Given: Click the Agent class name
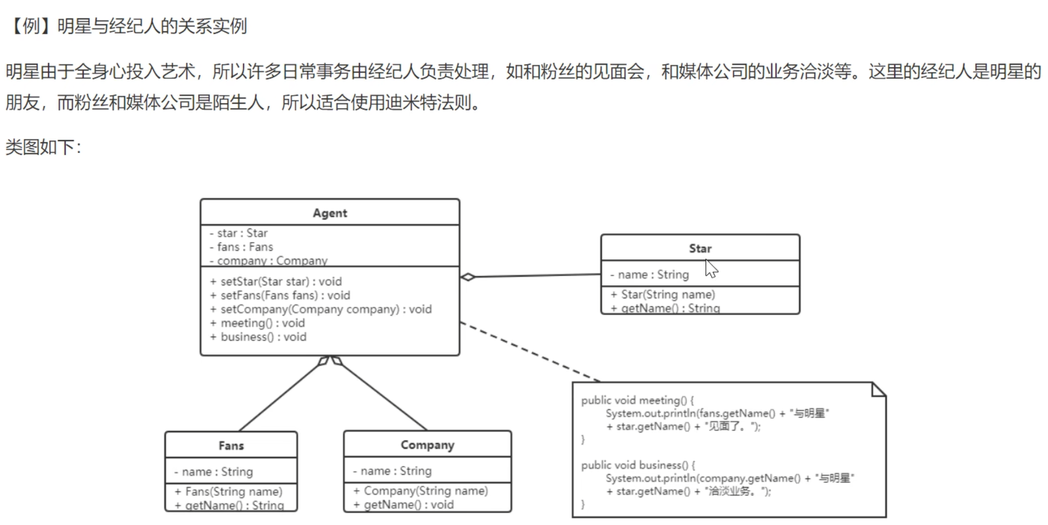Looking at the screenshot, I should pos(330,213).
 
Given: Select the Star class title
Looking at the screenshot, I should pos(700,248).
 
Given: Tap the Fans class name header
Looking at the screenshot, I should pos(231,446).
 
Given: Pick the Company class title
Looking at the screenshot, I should pos(427,445).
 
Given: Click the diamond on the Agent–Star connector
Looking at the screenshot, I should pos(468,277).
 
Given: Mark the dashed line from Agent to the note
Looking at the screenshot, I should pos(529,352).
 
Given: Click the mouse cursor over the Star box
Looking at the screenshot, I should pos(711,268).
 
